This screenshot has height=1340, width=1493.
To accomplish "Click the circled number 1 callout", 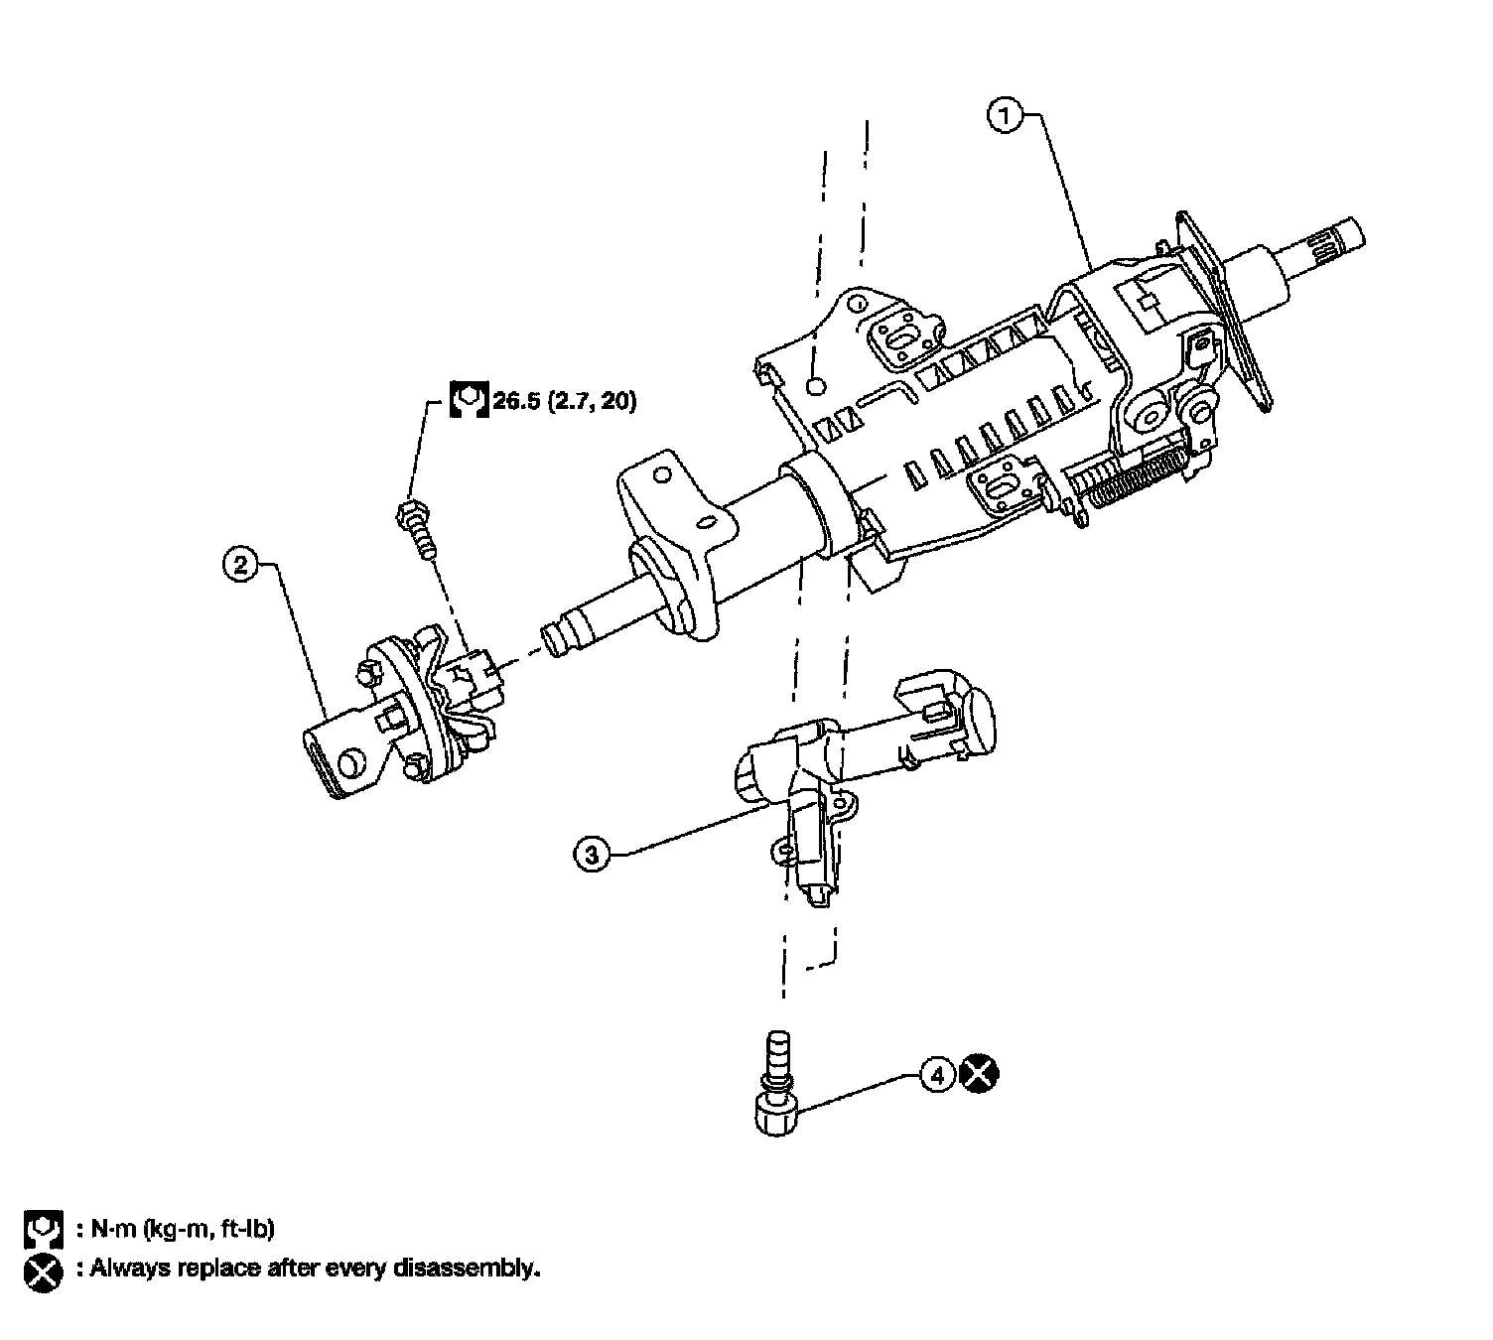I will tap(1005, 117).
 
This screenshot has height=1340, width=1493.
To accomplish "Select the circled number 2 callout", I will tap(239, 566).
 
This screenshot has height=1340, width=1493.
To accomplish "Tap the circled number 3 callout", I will tap(592, 854).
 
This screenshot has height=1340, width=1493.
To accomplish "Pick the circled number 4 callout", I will tap(936, 1073).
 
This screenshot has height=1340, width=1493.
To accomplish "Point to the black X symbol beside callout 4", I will tap(980, 1073).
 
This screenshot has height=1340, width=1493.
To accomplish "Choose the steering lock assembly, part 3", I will tap(854, 774).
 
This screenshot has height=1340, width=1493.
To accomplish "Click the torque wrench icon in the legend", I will tap(43, 1229).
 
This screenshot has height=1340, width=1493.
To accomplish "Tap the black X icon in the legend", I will tap(43, 1272).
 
